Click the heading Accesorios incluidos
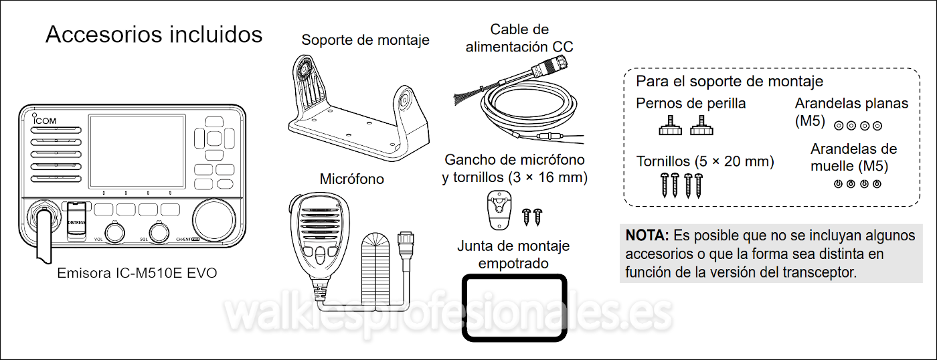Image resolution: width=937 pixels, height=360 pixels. pyautogui.click(x=154, y=34)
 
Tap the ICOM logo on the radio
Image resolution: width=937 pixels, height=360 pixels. pyautogui.click(x=44, y=120)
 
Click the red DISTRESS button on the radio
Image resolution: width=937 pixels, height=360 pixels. pyautogui.click(x=76, y=221)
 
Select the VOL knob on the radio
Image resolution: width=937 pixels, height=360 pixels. pyautogui.click(x=114, y=234)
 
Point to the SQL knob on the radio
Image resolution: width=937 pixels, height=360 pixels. pyautogui.click(x=159, y=234)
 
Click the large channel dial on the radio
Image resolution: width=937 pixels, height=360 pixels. pyautogui.click(x=214, y=220)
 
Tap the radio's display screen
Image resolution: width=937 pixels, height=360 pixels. pyautogui.click(x=137, y=151)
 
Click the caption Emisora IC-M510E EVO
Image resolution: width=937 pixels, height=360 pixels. pyautogui.click(x=137, y=273)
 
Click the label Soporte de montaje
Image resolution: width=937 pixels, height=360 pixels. pyautogui.click(x=365, y=40)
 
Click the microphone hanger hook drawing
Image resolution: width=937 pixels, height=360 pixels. pyautogui.click(x=499, y=210)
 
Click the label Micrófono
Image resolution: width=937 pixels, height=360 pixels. pyautogui.click(x=351, y=179)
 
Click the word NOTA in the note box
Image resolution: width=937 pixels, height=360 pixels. pyautogui.click(x=647, y=236)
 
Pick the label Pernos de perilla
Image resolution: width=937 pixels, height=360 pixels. pyautogui.click(x=691, y=103)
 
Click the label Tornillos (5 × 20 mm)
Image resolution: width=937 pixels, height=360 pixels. pyautogui.click(x=705, y=161)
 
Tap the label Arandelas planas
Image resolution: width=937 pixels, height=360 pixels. pyautogui.click(x=851, y=103)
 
